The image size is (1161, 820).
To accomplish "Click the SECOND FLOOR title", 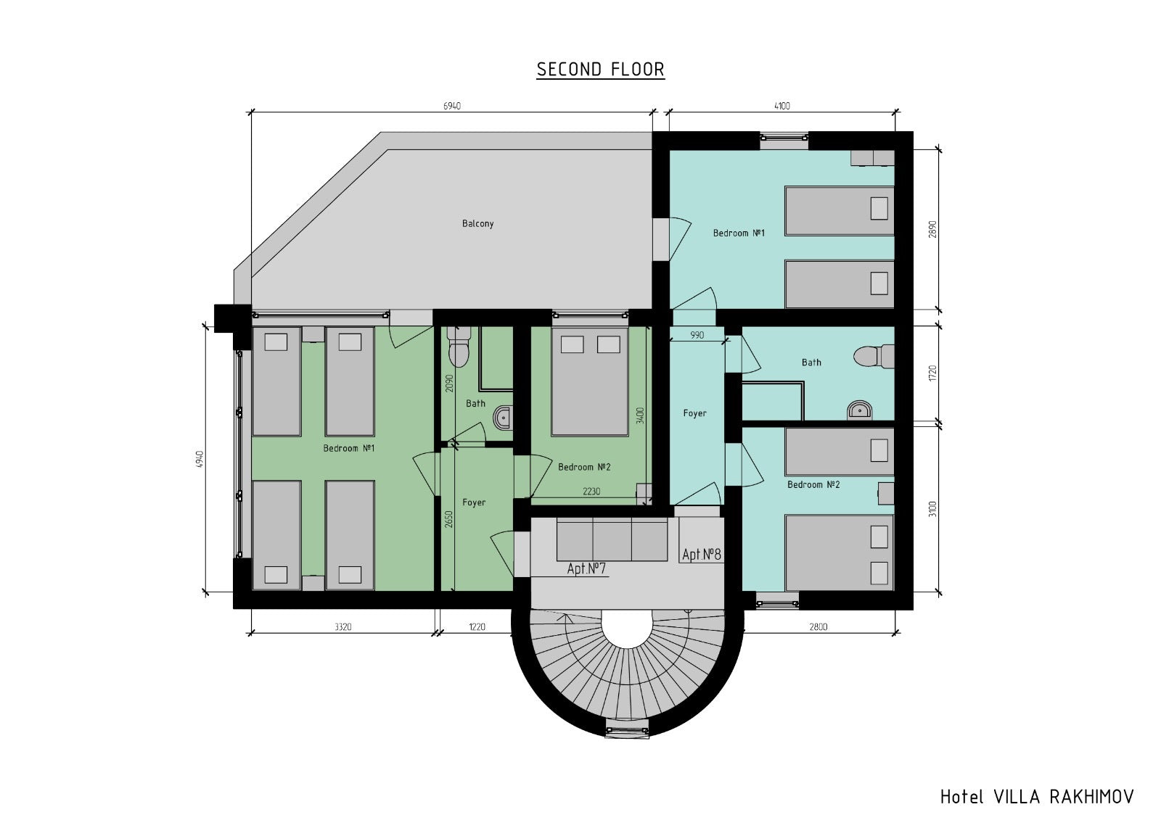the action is (600, 70).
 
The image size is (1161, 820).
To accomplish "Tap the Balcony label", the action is (477, 224).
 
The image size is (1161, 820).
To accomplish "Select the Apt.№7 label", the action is (586, 568).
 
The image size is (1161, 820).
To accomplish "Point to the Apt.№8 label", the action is (701, 555).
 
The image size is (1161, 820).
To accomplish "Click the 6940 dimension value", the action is (452, 106).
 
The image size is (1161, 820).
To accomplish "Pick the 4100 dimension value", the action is (782, 106).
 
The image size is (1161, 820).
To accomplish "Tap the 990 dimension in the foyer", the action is (697, 335).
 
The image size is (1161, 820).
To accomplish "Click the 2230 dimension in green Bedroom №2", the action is (591, 492).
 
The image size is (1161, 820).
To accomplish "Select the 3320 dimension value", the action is (342, 627).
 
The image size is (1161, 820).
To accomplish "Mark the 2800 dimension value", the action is (819, 627).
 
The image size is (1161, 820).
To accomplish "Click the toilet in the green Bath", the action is (458, 347).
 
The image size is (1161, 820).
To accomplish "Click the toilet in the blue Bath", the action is (874, 357).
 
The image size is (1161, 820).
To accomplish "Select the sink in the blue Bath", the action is (860, 410).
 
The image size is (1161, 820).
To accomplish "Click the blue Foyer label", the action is (694, 413).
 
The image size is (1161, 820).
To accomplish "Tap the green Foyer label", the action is (474, 502).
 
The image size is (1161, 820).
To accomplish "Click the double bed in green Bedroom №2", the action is (590, 381).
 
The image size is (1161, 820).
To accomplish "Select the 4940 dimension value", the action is (200, 460).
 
